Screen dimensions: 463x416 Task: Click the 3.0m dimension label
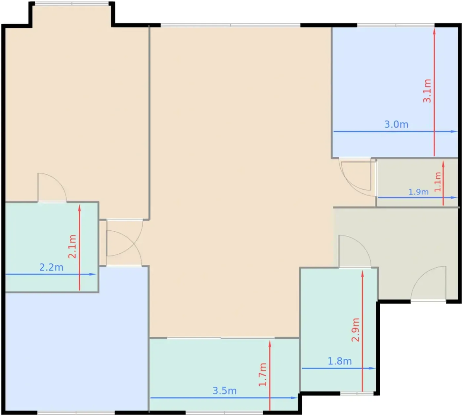[x=396, y=125]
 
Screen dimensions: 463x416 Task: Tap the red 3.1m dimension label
[x=427, y=91]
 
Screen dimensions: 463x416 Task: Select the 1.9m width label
[x=418, y=192]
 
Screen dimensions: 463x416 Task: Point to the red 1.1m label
[x=438, y=182]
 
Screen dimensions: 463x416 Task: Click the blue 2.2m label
[x=51, y=268]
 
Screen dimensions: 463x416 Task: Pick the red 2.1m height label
[x=72, y=246]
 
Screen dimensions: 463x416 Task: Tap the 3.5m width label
[x=225, y=391]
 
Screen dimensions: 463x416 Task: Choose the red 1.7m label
[x=263, y=374]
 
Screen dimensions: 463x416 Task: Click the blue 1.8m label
[x=340, y=361]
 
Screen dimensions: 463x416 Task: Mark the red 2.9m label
[x=355, y=330]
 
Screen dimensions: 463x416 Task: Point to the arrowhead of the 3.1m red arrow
[x=434, y=31]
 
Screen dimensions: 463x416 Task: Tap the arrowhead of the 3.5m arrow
[x=294, y=398]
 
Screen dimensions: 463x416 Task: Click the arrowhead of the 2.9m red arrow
[x=362, y=274]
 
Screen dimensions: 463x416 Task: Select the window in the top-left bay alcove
[x=72, y=3]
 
